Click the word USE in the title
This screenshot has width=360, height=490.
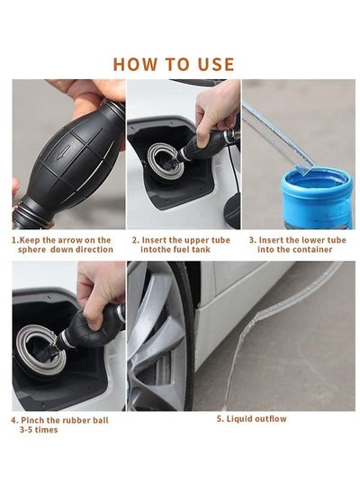click(216, 64)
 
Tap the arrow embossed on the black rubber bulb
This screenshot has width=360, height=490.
click(64, 151)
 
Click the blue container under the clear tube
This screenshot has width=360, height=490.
click(317, 198)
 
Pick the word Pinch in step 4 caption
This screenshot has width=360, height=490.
click(32, 420)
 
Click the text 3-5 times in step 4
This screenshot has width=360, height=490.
click(39, 430)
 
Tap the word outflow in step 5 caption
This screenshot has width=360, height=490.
click(270, 419)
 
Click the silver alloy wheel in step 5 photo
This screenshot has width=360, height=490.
click(156, 337)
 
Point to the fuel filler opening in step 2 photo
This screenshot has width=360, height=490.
click(166, 161)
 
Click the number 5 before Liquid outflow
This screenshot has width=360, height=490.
click(220, 419)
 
